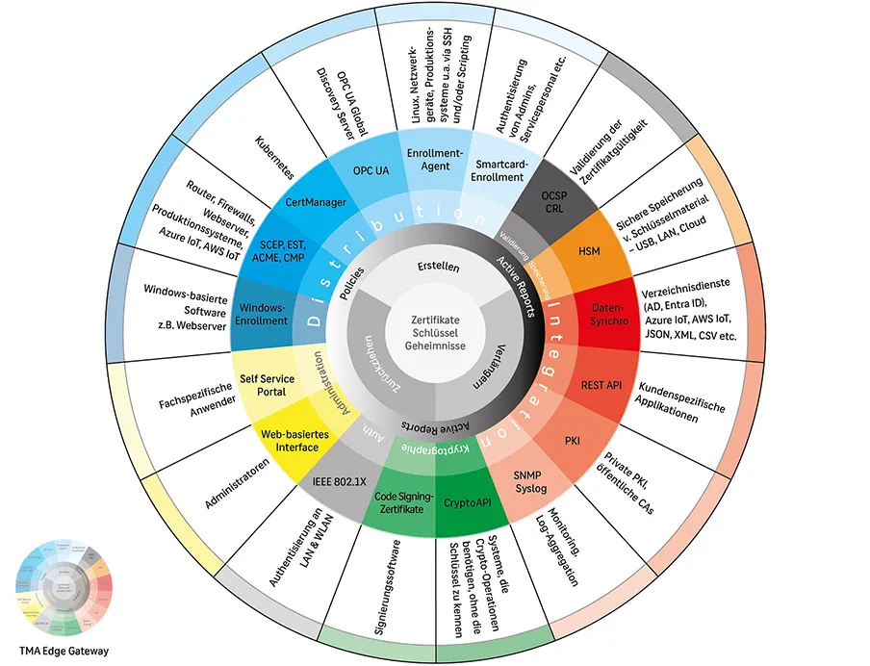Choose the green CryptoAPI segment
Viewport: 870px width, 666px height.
468,502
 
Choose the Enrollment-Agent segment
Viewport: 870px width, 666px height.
435,160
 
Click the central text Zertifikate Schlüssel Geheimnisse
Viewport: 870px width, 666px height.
434,331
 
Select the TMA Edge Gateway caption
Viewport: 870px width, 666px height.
63,651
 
